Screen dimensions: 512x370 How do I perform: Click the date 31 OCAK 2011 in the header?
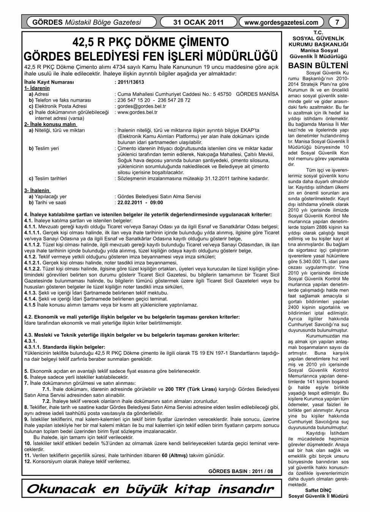point(198,22)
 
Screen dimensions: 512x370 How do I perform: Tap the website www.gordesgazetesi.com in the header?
point(281,22)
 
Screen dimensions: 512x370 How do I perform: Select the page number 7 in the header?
point(337,22)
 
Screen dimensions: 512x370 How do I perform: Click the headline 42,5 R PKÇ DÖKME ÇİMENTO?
point(151,41)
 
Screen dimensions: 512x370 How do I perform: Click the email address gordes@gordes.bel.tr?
point(142,106)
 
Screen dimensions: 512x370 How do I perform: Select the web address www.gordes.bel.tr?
point(137,112)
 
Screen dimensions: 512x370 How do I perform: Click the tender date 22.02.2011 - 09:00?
point(140,203)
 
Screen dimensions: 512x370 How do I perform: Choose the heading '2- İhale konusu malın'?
point(50,124)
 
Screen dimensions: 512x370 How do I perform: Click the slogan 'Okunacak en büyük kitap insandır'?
point(151,488)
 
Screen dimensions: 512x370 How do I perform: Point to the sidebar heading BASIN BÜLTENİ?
point(318,65)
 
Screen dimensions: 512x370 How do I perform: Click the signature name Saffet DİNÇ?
point(318,490)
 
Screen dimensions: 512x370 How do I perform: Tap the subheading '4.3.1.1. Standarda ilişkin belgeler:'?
point(65,347)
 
